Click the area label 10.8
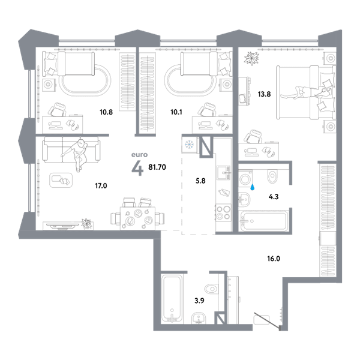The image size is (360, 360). click(106, 112)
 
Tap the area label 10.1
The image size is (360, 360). click(176, 112)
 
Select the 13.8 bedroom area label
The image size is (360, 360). click(264, 94)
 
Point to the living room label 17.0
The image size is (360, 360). click(101, 185)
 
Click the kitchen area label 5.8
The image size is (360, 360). click(200, 181)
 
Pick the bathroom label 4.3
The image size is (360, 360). click(274, 197)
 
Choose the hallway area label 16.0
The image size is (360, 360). click(274, 259)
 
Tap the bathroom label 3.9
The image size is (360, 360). click(199, 301)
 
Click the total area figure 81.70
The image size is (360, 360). click(157, 167)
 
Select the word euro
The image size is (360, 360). click(139, 155)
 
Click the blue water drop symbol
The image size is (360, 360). click(253, 187)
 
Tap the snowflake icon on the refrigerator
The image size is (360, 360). click(189, 145)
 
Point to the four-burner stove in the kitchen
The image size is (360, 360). click(223, 212)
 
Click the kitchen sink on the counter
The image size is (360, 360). click(224, 172)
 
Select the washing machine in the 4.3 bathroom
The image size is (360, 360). click(245, 178)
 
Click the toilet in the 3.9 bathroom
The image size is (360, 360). click(211, 289)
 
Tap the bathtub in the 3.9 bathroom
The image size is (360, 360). click(172, 298)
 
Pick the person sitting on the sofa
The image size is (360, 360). click(77, 154)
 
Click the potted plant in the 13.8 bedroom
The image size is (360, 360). click(251, 58)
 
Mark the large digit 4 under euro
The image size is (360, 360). click(137, 167)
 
